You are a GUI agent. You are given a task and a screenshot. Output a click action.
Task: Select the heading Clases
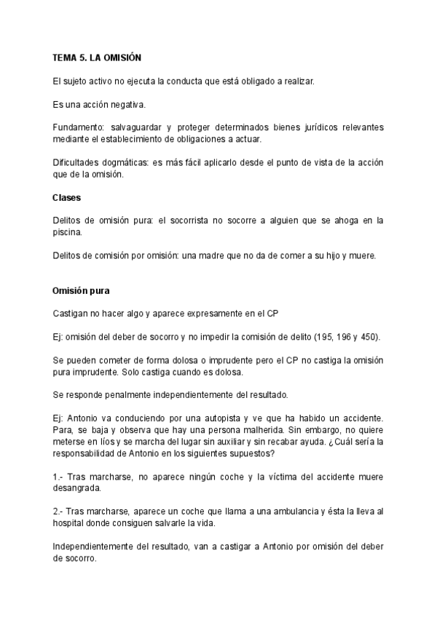click(x=66, y=198)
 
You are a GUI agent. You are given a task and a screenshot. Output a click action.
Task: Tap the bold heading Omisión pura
click(x=81, y=291)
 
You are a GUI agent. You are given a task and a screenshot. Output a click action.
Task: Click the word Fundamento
click(x=79, y=127)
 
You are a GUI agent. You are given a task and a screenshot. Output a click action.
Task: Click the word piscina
click(x=68, y=232)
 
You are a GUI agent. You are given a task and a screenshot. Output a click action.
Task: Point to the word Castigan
click(x=71, y=314)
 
